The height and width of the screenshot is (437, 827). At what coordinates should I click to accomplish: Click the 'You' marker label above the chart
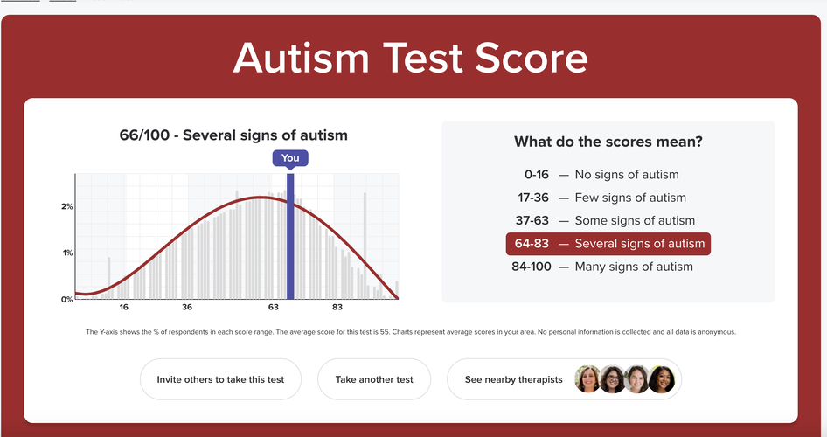pos(290,158)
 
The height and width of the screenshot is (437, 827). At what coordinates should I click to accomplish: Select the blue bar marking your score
pos(290,237)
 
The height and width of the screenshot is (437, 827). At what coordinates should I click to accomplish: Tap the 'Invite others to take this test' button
pos(220,379)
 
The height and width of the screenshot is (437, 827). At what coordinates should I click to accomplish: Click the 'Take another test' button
pos(374,379)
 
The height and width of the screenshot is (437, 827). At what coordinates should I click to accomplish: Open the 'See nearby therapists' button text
pos(514,379)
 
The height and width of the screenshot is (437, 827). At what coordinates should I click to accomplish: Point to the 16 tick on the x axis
pos(124,308)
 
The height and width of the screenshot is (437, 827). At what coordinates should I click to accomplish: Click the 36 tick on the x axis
pos(187,308)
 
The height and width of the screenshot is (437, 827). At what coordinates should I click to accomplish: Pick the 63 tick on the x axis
pos(274,308)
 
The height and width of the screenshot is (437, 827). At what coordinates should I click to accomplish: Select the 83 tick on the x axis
pos(337,308)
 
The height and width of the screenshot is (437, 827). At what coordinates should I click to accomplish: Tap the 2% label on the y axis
pos(67,206)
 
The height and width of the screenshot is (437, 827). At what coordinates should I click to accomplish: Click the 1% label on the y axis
pos(67,253)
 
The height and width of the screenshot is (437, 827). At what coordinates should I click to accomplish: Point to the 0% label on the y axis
pos(67,300)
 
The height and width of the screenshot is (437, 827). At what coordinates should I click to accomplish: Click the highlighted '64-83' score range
pos(532,244)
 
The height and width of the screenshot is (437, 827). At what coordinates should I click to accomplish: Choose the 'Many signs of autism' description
pos(634,267)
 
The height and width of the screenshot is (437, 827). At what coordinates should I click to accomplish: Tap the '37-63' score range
pos(532,220)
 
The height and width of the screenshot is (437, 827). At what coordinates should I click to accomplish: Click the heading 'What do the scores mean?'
pos(608,142)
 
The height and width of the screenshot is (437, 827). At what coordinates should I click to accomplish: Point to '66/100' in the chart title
pos(144,135)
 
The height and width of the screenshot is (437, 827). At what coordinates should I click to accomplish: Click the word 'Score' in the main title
pos(532,58)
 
